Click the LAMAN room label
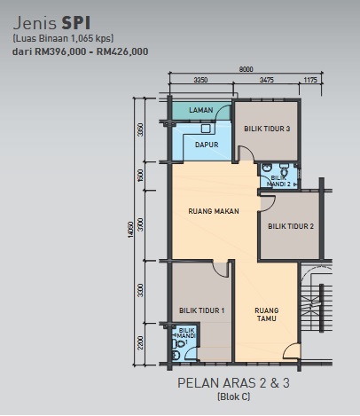[201, 110]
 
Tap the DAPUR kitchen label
[207, 145]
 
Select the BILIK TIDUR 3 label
[267, 129]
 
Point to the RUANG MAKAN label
[214, 211]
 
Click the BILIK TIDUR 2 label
[291, 226]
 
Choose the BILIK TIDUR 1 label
[202, 310]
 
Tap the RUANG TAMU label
[267, 314]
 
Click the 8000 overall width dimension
[246, 69]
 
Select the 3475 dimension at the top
[267, 80]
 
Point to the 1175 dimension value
[310, 80]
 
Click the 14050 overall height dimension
[131, 230]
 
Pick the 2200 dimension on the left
[141, 342]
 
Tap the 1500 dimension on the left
[141, 176]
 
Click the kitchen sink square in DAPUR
[206, 129]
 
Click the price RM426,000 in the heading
[122, 51]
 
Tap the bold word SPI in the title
[76, 23]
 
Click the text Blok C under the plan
[233, 396]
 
